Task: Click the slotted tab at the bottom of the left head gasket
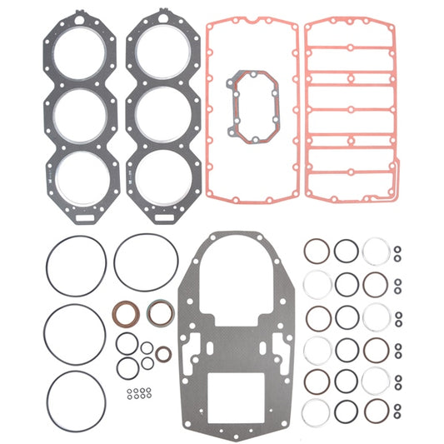pyautogui.click(x=82, y=218)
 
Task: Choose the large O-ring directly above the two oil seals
pyautogui.click(x=146, y=262)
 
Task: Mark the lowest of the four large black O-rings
pyautogui.click(x=77, y=400)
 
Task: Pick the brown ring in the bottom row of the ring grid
pyautogui.click(x=376, y=410)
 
